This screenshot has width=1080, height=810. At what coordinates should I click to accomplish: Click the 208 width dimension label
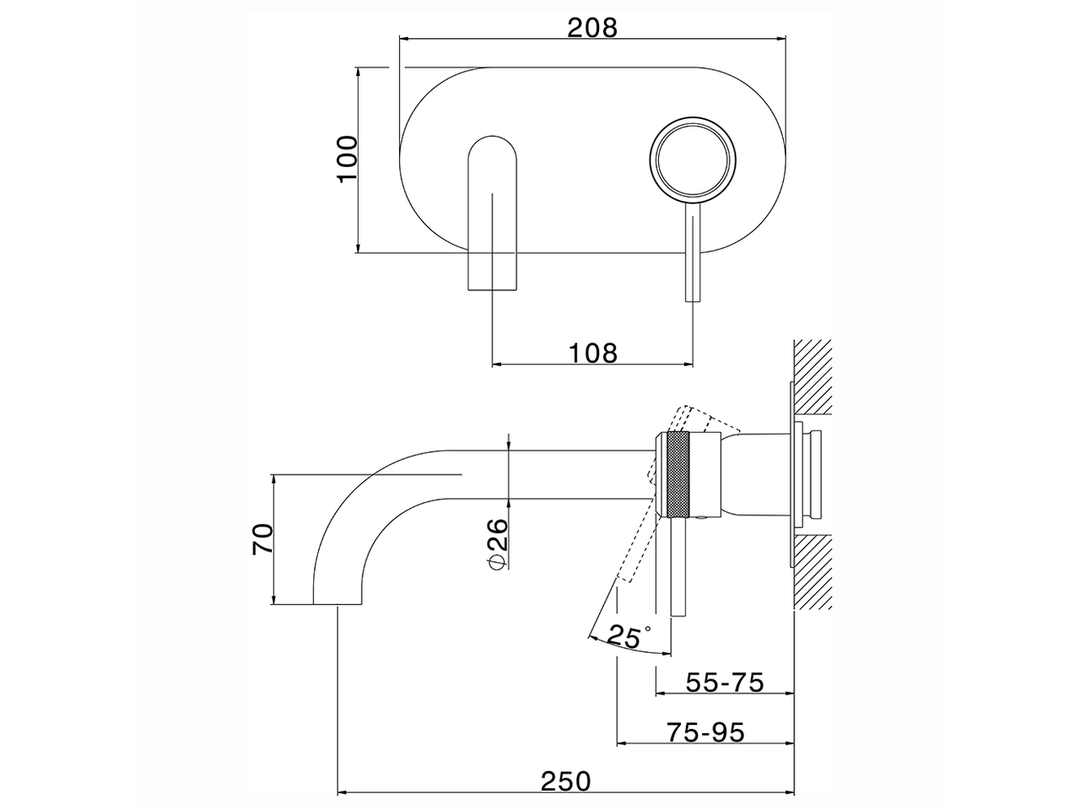tap(592, 27)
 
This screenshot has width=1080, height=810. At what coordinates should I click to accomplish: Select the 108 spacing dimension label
tap(592, 352)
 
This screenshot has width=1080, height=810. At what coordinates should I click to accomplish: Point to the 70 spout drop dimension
tap(263, 539)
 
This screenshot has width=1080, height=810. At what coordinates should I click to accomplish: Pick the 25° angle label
tap(629, 635)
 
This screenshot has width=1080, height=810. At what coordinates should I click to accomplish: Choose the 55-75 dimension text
tap(724, 682)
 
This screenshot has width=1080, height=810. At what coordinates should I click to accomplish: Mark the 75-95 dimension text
tap(705, 732)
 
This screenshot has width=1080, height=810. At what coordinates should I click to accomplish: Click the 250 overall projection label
tap(566, 781)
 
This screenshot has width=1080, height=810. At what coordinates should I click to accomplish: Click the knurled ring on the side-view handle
tap(678, 474)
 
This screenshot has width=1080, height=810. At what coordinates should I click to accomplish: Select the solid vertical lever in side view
tap(678, 574)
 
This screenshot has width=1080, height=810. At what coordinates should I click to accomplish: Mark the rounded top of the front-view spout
tap(491, 140)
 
